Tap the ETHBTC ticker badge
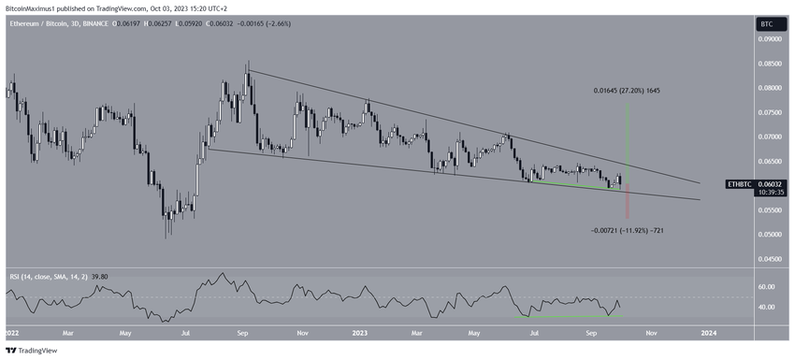point(738,185)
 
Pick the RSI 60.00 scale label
point(768,286)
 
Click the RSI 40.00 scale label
point(768,307)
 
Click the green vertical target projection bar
point(627,140)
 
